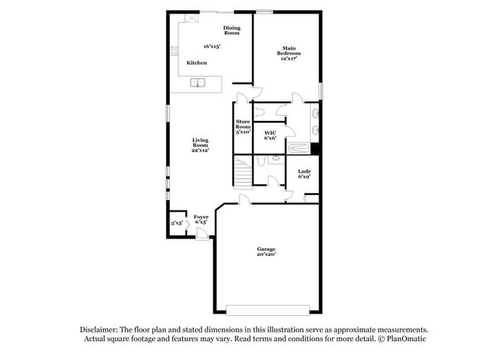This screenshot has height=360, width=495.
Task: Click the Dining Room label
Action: (232, 30)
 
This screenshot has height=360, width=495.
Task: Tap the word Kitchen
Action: (196, 62)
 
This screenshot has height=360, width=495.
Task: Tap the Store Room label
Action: (243, 126)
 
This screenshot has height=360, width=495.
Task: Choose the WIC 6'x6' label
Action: (270, 136)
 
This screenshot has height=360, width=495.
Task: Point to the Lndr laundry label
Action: (304, 174)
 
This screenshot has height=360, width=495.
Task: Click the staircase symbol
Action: (242, 174)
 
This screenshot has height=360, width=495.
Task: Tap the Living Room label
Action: (200, 144)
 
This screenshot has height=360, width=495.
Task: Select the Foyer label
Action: (201, 219)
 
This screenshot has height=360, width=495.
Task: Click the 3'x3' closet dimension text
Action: (176, 223)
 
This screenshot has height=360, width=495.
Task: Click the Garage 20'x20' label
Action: (266, 252)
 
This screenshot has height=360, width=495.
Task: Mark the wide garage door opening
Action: (267, 309)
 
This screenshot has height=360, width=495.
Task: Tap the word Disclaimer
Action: (102, 330)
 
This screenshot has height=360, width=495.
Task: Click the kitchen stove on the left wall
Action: (174, 54)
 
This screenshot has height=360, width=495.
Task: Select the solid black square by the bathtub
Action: (315, 148)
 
